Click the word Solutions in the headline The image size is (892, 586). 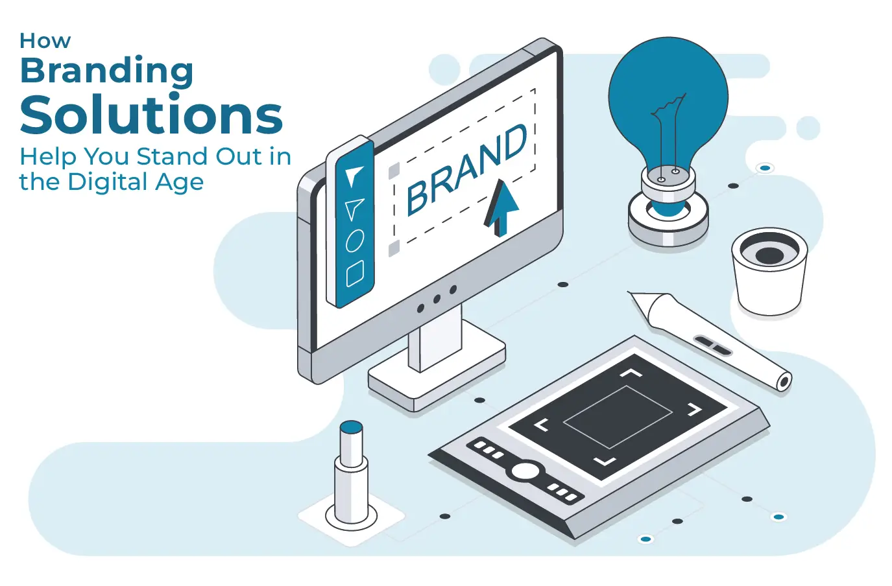[151, 114]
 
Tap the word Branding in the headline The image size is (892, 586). [107, 71]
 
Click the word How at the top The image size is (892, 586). [45, 41]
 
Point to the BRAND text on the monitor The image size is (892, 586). [466, 169]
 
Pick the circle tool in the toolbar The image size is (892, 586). [354, 240]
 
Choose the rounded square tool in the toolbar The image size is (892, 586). [354, 274]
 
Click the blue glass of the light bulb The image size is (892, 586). [668, 99]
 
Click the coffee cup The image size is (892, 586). [769, 272]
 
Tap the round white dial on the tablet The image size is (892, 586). [525, 471]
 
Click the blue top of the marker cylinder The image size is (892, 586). [351, 427]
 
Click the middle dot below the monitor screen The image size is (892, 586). [437, 299]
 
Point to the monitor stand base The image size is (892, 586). [437, 378]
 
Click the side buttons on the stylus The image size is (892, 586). [713, 346]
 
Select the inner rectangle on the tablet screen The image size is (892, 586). [618, 417]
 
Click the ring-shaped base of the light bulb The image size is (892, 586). [668, 221]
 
